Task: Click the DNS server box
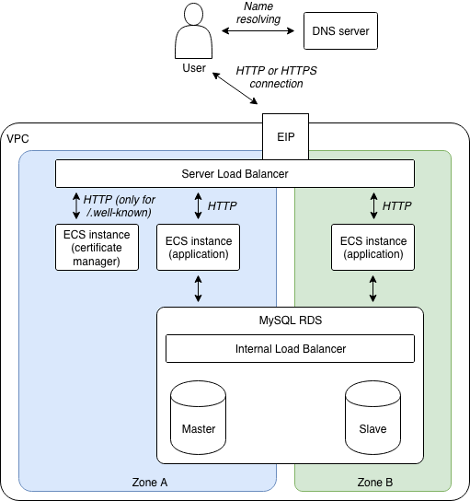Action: [340, 31]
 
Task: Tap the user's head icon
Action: [193, 14]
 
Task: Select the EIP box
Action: [285, 136]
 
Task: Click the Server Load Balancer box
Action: [235, 173]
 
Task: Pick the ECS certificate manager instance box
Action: [97, 248]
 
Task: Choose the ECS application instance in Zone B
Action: [373, 248]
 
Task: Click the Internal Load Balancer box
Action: [290, 349]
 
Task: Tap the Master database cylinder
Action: [198, 417]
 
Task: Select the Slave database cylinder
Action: [373, 417]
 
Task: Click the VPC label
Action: [17, 139]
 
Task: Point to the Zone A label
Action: [150, 483]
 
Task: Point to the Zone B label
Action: [375, 483]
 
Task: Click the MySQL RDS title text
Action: [291, 320]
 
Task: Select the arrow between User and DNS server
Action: [258, 30]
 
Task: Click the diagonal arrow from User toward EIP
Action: [235, 88]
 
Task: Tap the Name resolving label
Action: [258, 13]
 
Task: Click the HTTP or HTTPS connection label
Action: [276, 77]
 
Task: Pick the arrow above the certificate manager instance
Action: [76, 205]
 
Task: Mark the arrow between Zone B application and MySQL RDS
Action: [373, 289]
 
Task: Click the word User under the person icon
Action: [194, 68]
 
